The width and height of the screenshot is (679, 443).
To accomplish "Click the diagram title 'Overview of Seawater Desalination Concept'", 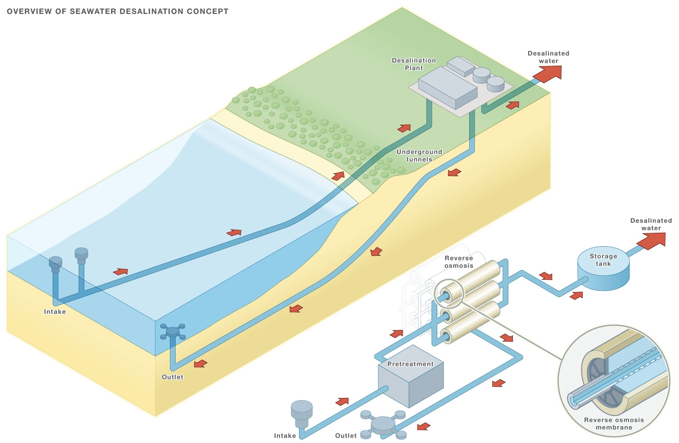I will coord(118,11).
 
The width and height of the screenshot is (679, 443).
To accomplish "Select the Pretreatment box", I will coord(410,383).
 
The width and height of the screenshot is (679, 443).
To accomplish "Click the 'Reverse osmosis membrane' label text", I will coord(614,423).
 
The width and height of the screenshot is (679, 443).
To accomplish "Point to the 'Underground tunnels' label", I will coord(419,155).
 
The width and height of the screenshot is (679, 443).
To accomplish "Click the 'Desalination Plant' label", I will coord(414,64).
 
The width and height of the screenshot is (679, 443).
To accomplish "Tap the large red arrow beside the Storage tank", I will coord(652,239).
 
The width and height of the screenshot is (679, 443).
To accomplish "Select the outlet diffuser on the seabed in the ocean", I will coord(172,332).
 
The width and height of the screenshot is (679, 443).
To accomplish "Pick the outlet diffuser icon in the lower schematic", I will coord(383,424).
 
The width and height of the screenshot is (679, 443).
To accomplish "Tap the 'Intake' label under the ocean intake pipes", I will coord(55,312).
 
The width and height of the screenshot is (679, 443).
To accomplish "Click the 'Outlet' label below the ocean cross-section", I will coord(172,377).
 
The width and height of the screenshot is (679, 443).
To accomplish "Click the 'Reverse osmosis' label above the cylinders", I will coord(459,262).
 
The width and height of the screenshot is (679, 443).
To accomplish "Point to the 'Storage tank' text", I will coord(603,260).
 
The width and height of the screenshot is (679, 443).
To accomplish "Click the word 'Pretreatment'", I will coord(410,364).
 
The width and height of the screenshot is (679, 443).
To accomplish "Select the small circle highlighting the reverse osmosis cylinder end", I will coord(449,294).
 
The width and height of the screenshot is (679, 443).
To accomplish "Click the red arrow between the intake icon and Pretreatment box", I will coord(342,401).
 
